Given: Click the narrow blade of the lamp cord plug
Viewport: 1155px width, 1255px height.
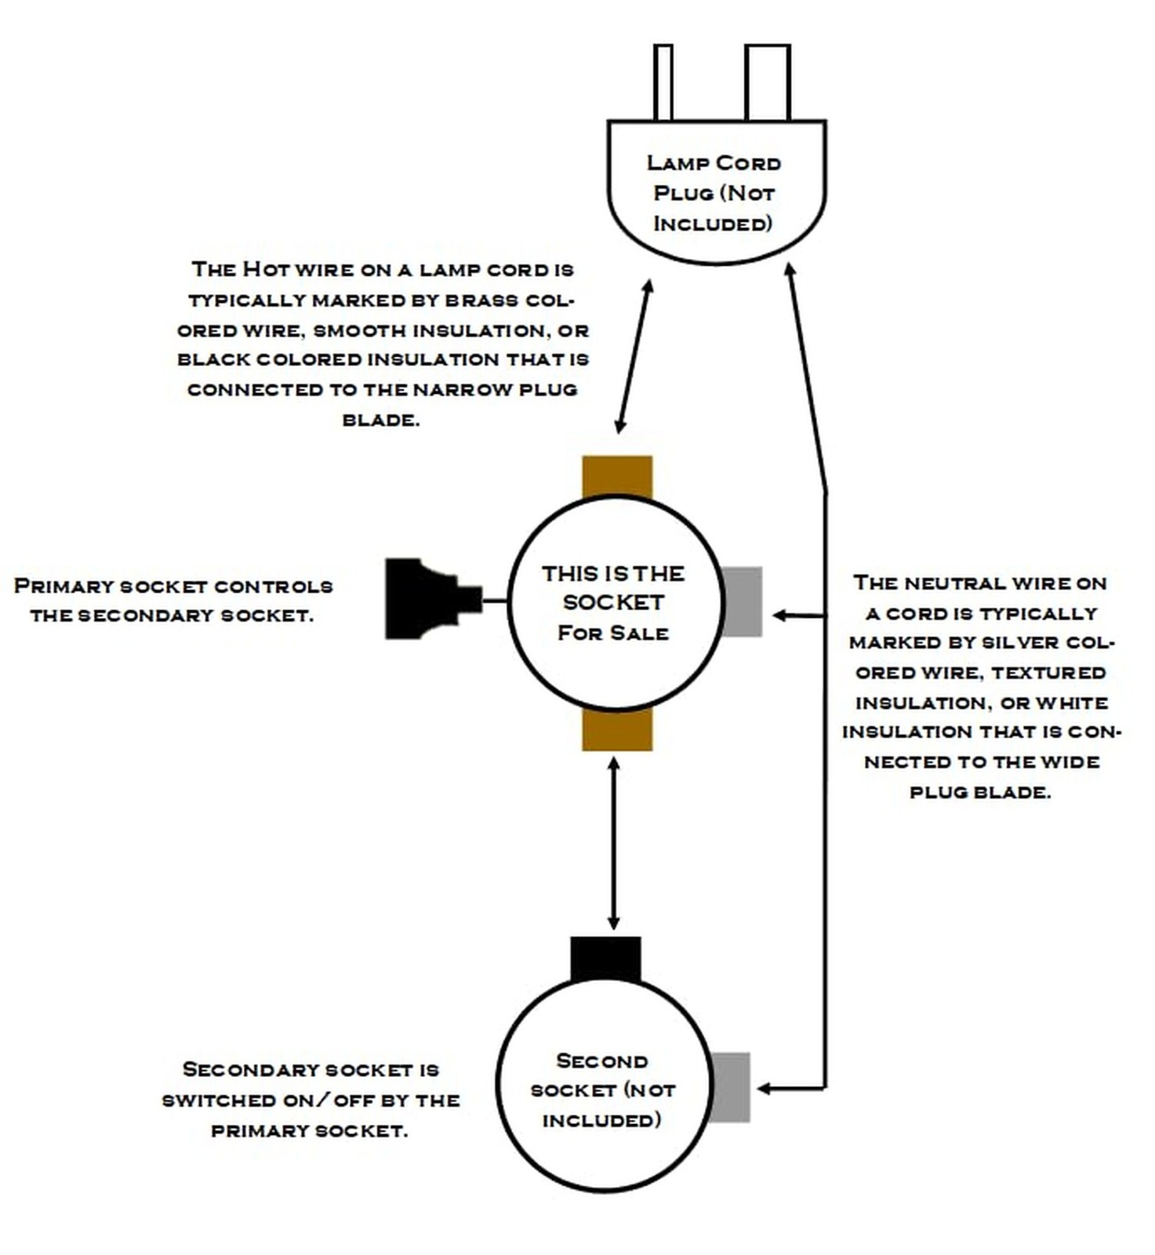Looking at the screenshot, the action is pos(663,82).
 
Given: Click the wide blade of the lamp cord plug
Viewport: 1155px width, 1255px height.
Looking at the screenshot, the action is pos(768,82).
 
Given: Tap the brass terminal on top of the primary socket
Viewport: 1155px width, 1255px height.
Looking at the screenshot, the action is pos(617,477).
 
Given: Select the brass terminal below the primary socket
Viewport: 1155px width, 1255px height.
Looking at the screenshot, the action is pos(617,729).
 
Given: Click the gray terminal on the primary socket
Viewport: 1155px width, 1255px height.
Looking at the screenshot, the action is pos(742,602).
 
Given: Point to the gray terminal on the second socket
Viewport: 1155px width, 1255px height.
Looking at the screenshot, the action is pos(731,1087).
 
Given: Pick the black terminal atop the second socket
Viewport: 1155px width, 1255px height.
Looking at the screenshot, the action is pos(605,959).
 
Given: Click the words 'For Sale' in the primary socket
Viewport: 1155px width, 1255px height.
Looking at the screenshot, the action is pos(613,633).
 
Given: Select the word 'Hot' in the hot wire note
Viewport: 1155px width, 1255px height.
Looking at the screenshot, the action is pos(267,269).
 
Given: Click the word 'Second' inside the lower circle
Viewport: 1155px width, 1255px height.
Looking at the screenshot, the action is pos(602,1061).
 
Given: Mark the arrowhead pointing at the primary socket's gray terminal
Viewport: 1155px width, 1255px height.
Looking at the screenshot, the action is pos(779,616).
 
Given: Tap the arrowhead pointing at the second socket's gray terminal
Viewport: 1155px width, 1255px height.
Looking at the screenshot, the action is pos(765,1089).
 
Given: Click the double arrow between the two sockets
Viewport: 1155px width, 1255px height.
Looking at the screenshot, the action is pos(614,843).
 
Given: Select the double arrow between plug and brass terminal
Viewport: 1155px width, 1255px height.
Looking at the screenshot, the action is pos(634,356).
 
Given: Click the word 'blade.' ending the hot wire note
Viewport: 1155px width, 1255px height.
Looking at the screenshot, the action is pos(381,420).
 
